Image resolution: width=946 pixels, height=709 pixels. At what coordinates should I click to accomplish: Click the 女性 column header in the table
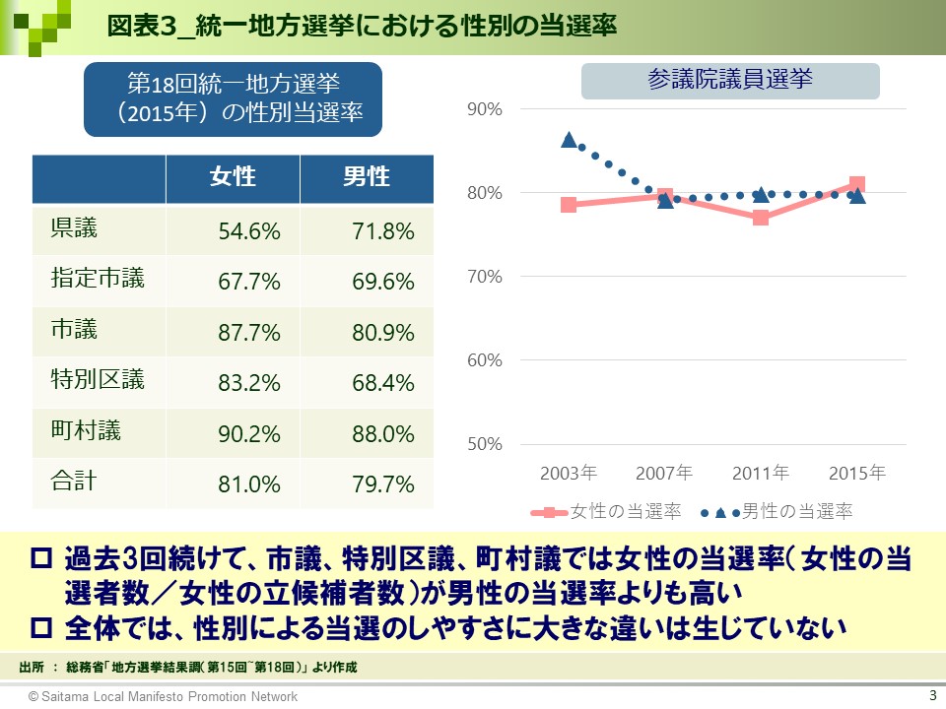coord(233,177)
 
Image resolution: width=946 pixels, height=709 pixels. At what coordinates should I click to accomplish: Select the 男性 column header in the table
coord(367,177)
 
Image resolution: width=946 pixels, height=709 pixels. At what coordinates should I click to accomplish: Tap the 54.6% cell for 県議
coord(249,232)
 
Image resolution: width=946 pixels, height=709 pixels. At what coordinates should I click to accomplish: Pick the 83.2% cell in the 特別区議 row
coord(249,383)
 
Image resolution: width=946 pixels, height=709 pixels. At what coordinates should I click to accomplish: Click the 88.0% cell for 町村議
coord(383,434)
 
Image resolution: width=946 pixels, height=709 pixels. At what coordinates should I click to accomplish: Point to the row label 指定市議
coord(98,280)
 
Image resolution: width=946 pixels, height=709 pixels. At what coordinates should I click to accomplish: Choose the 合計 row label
coord(74,483)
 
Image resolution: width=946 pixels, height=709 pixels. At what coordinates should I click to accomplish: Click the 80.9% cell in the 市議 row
coord(383,333)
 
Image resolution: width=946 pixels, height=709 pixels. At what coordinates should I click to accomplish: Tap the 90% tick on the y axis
coord(485,109)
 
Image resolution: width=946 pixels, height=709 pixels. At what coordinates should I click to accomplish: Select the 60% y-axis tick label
coord(485,360)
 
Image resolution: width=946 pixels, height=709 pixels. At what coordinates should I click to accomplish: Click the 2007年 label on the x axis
coord(664,473)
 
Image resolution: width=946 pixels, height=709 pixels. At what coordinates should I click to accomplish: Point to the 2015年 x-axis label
coord(856,473)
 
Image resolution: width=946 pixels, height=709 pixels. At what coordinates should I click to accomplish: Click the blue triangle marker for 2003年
coord(569,140)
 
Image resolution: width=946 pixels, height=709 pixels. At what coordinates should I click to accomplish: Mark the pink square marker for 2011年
coord(761,218)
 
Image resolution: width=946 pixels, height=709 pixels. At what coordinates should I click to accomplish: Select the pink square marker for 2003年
coord(569,205)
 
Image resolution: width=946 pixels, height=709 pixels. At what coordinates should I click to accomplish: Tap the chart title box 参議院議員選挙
coord(730,81)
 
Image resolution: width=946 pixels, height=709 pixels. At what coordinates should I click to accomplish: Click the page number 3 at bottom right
coord(931,694)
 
